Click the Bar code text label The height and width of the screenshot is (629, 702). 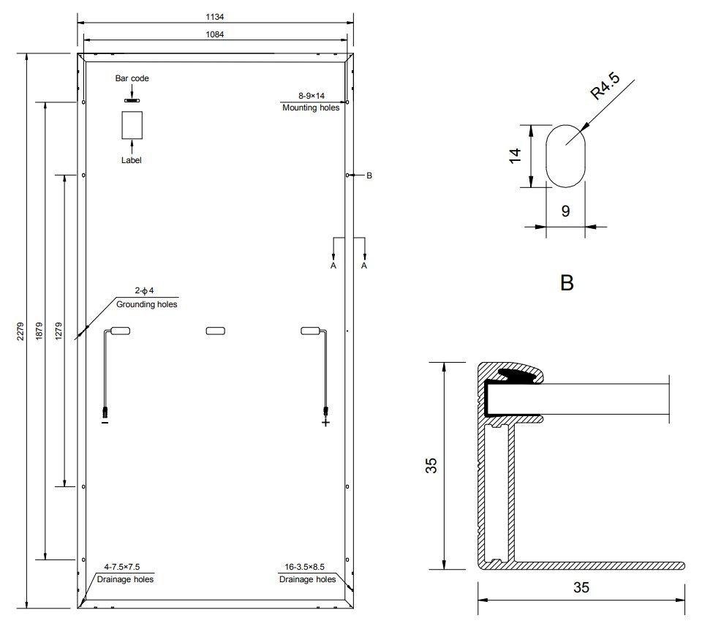tap(132, 78)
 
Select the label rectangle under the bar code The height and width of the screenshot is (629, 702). tap(132, 125)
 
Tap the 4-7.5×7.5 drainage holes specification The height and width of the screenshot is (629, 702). tap(122, 566)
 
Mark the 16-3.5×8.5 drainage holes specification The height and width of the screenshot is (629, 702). tap(307, 566)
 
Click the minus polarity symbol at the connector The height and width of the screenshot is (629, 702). tap(105, 422)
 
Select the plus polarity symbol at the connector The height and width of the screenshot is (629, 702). tap(325, 422)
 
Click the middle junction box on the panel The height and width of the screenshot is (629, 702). tap(216, 331)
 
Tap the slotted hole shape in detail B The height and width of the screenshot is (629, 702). tap(566, 155)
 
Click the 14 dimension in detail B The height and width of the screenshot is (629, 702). tap(515, 155)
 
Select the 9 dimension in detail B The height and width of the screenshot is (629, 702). tap(565, 211)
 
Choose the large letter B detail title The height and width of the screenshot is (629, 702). tap(566, 283)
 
